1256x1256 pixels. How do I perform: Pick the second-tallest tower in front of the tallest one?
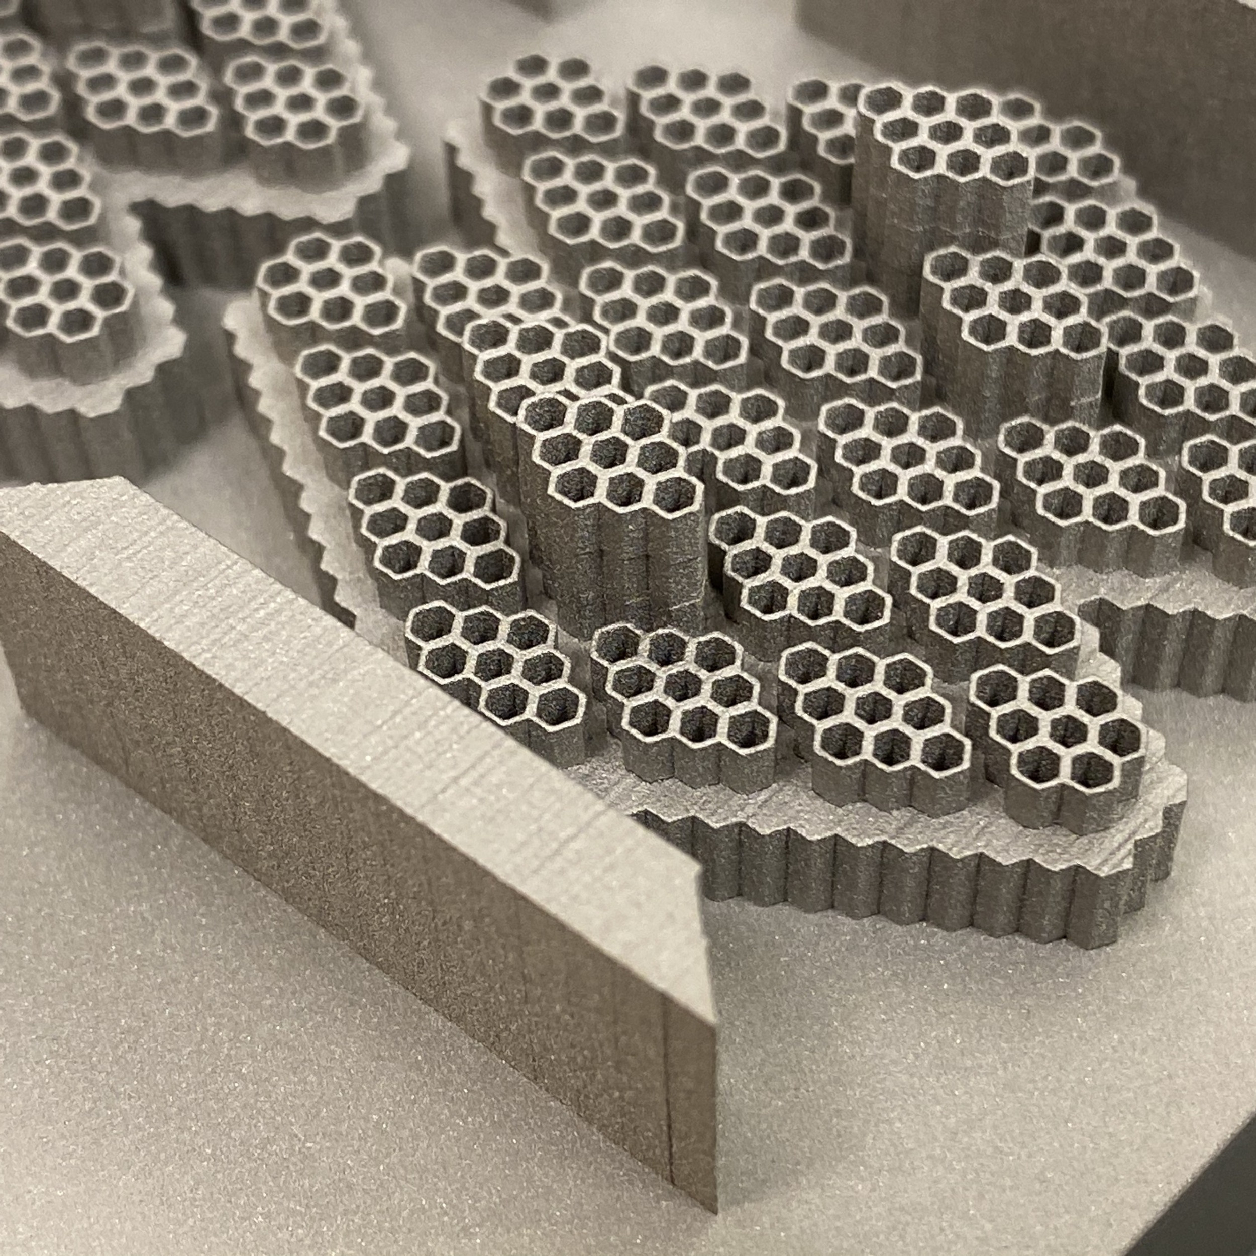click(x=1014, y=312)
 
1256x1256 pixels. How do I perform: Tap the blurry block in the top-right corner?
click(x=1105, y=39)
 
